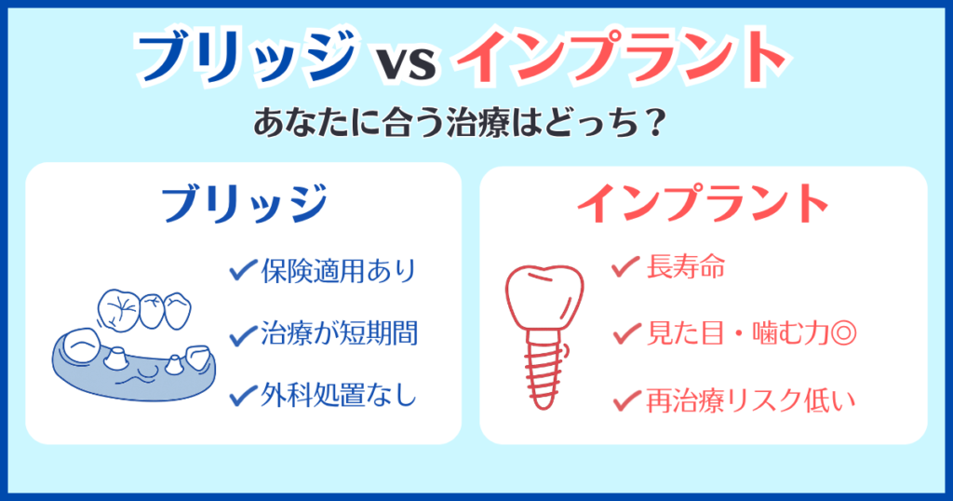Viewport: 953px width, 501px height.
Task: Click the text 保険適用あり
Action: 338,272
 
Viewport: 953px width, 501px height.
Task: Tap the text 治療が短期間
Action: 338,333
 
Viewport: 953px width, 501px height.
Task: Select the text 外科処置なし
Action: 338,396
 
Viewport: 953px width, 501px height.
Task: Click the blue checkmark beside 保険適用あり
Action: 243,271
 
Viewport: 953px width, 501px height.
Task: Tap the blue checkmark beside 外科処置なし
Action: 243,395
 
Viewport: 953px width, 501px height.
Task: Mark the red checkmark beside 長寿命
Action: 623,269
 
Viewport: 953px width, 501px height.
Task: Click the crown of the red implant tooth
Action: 544,290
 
